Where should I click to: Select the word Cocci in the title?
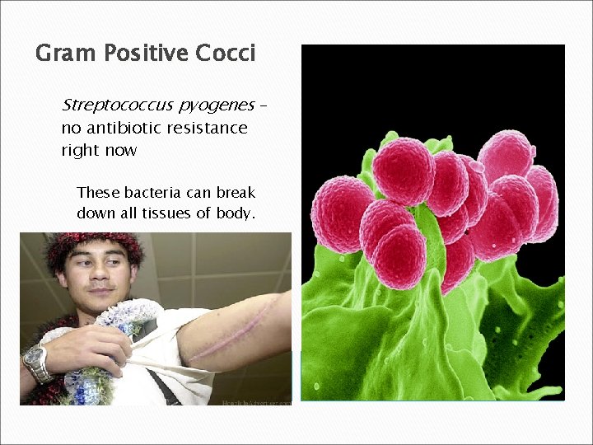point(225,54)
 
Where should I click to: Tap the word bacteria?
point(152,193)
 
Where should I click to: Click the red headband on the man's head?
point(91,241)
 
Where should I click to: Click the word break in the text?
point(236,193)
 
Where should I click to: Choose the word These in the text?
point(98,193)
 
